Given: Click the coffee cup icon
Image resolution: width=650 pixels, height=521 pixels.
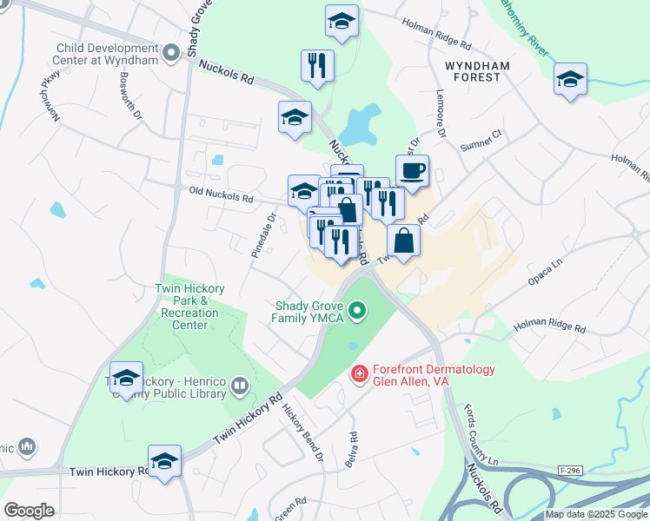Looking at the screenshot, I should click(x=412, y=171).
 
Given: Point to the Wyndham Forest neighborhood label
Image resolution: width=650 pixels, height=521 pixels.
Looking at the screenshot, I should click(x=473, y=71).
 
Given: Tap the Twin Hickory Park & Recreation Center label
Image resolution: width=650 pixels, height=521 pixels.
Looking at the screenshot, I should click(x=189, y=307).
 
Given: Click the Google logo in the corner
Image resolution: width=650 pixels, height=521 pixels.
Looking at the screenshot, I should click(x=30, y=511).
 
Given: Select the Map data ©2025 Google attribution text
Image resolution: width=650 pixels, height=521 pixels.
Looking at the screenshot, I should click(x=596, y=514).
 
